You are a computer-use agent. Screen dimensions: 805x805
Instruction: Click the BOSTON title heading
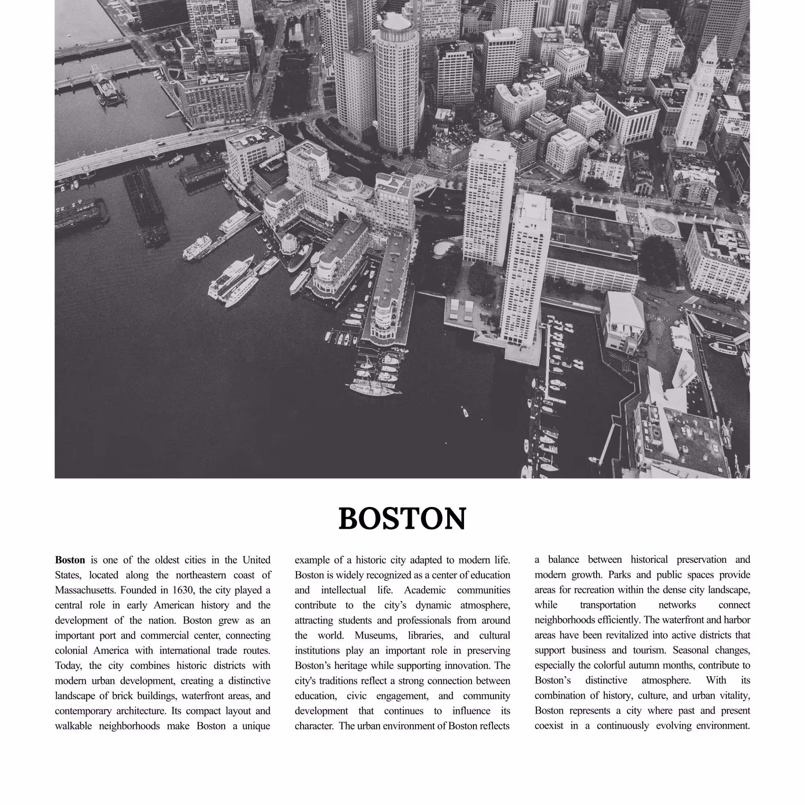coord(402,519)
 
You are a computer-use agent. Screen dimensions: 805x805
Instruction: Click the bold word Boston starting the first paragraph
coord(70,560)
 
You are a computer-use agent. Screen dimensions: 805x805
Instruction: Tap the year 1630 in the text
coord(183,590)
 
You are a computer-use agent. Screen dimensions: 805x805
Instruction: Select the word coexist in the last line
coord(549,726)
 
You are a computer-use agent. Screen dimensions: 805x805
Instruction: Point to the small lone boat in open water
coord(465,412)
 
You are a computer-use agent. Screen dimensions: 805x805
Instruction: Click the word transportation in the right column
coord(607,605)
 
